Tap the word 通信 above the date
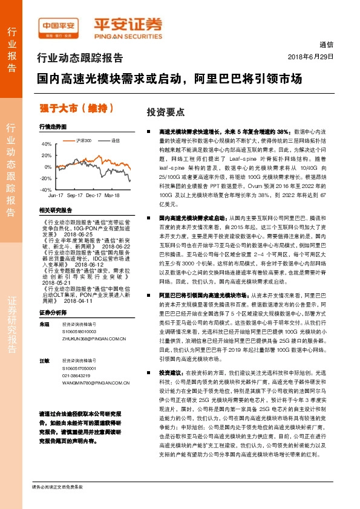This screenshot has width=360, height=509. point(326,45)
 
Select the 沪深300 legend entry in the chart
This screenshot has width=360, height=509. point(84,140)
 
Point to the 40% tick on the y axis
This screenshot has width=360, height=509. point(46,144)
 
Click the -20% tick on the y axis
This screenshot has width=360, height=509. point(45,178)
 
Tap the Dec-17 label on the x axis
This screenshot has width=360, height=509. point(93,196)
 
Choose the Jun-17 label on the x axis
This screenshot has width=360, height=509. point(56,196)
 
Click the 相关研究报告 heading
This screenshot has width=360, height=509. point(56,210)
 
